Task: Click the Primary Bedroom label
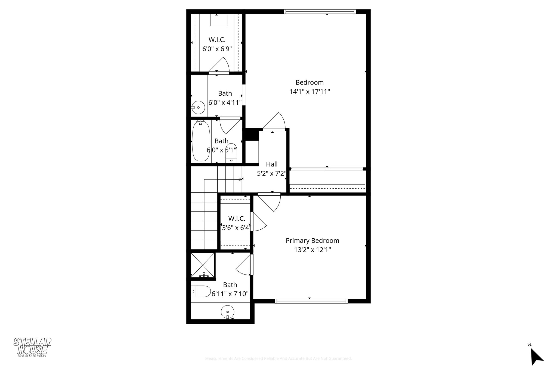click(312, 241)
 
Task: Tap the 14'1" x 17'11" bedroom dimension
click(310, 92)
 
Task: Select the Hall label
click(271, 164)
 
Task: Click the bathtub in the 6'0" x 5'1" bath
click(201, 142)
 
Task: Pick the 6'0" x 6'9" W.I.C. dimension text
click(217, 49)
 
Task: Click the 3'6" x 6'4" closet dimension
click(236, 228)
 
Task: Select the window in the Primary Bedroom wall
click(311, 301)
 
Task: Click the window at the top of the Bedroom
click(320, 11)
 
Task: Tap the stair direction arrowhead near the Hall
click(240, 179)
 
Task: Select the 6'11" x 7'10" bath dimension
click(230, 294)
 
